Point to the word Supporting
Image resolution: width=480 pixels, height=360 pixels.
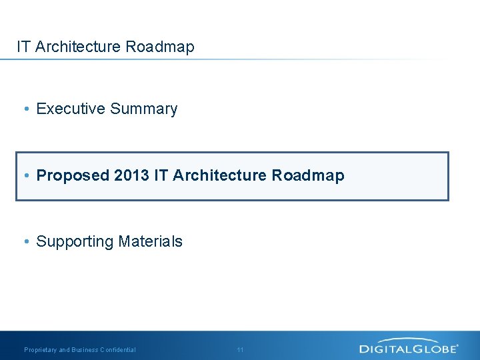coord(75,241)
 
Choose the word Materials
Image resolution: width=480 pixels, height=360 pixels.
coord(150,241)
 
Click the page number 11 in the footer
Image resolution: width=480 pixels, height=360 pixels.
coord(240,350)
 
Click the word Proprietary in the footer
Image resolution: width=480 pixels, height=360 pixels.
coord(41,350)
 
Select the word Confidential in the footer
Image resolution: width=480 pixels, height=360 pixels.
coord(118,350)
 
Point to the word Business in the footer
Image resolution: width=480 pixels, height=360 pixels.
coord(85,350)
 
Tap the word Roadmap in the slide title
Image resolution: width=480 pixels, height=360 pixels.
coord(160,47)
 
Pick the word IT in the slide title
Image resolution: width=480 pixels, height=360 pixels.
coord(23,47)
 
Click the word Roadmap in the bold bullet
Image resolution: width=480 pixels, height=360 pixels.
coord(308,175)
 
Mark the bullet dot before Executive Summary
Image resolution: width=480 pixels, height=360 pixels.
coord(25,109)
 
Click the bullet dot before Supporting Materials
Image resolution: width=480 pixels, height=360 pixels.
coord(25,242)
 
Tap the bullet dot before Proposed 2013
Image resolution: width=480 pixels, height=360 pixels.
coord(25,176)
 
